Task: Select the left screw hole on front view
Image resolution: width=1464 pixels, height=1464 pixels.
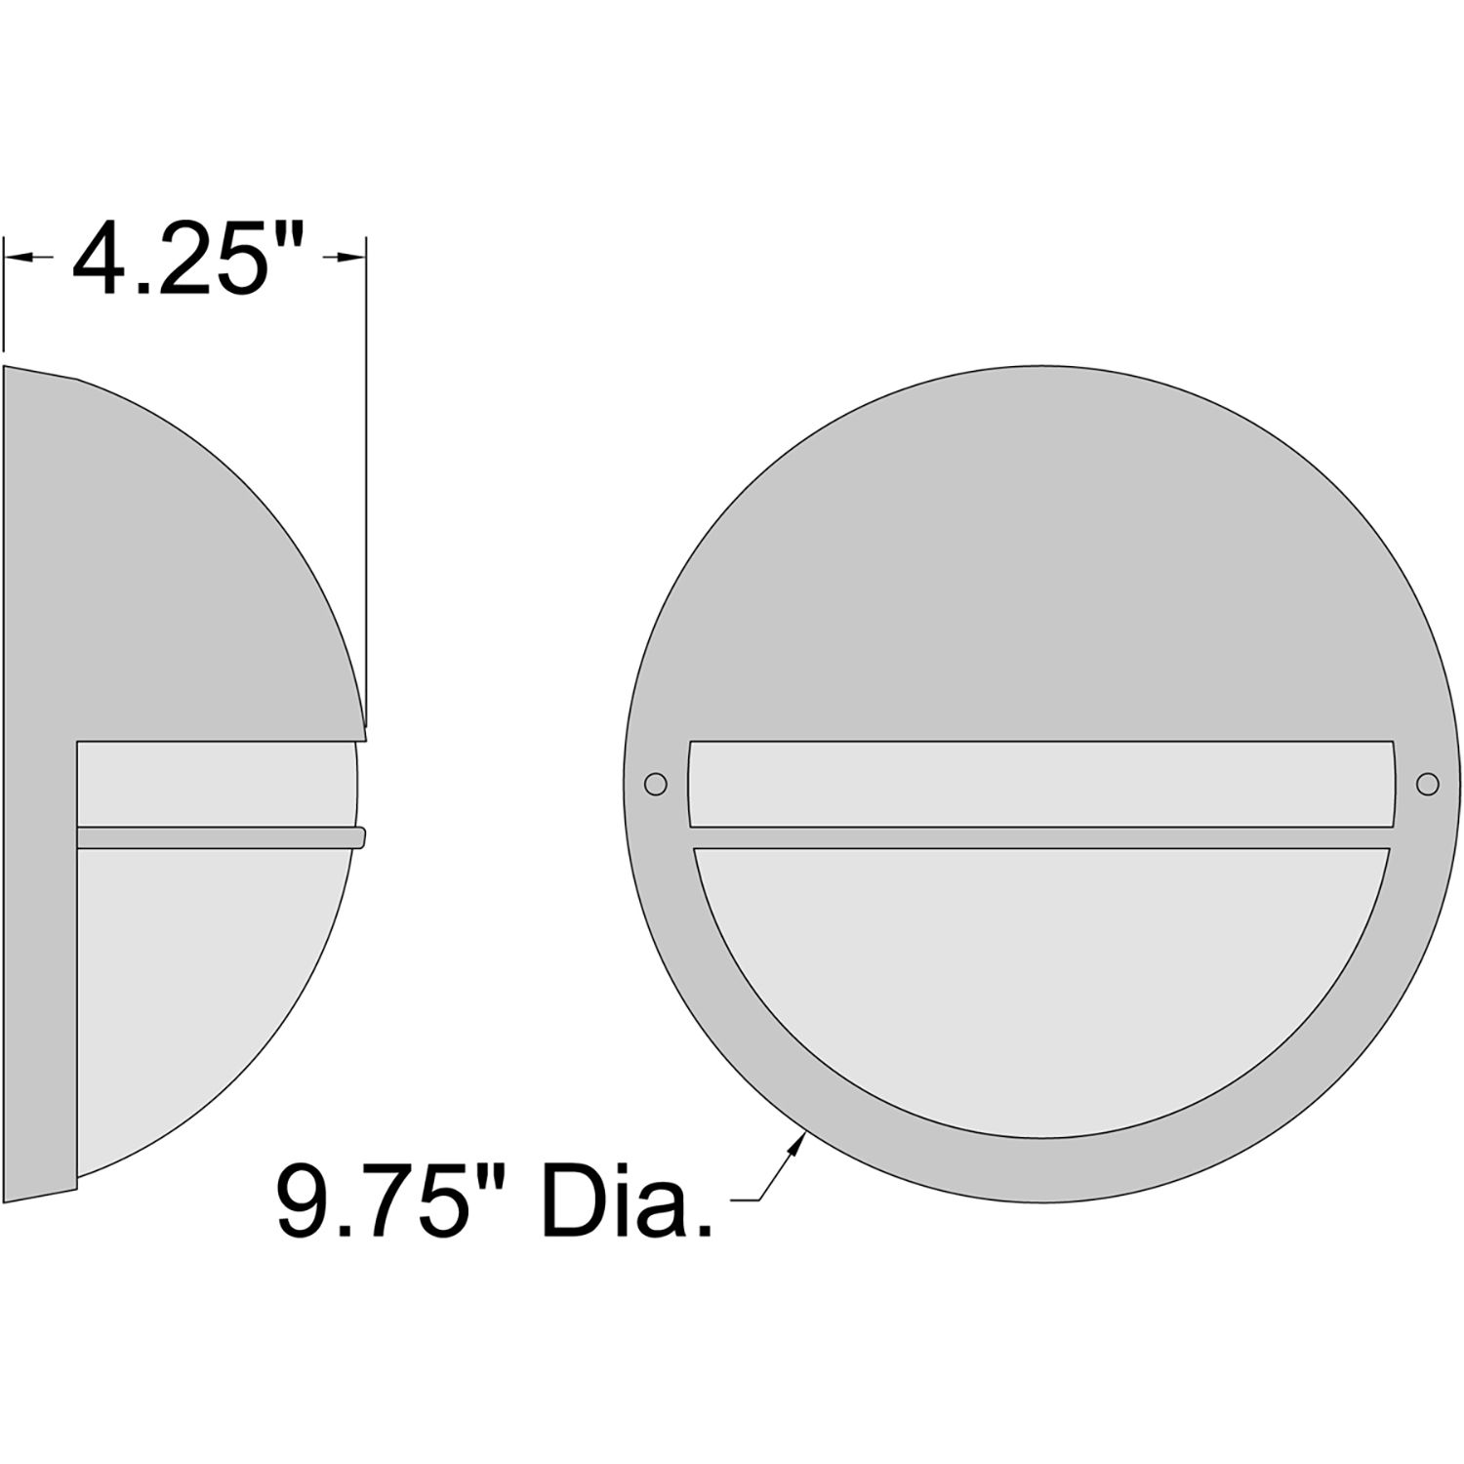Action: point(656,783)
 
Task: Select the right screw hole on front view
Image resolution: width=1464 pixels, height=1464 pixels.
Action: point(1427,783)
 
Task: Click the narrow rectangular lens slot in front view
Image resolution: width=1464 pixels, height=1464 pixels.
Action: point(1041,784)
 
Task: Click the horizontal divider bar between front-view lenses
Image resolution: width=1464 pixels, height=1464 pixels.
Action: point(1041,837)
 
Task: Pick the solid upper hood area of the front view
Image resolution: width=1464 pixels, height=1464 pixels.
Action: point(1041,566)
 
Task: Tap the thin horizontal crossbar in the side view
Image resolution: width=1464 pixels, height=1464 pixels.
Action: point(215,837)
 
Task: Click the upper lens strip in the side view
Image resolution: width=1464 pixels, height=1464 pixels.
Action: point(215,784)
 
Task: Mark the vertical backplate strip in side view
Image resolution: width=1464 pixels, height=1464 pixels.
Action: point(39,976)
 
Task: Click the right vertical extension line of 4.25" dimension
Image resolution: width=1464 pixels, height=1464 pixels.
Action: point(367,488)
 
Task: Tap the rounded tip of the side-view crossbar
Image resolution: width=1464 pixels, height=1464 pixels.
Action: point(360,837)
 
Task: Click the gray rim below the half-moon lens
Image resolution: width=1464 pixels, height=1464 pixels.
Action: point(1041,1166)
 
